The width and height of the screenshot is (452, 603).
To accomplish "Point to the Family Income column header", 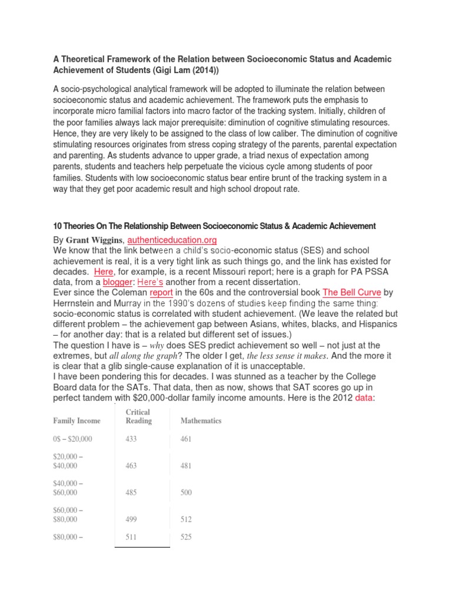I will pos(77,421).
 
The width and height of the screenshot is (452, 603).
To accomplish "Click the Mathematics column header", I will pos(201,421).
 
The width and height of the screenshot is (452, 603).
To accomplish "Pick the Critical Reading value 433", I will pos(131,439).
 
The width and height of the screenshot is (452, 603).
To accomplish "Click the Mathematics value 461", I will pos(186,439).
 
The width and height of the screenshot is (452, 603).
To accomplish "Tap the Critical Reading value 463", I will pos(131,466).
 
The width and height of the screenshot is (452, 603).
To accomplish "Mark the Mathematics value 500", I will pos(186,493).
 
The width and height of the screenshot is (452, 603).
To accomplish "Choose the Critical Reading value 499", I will pos(131,519).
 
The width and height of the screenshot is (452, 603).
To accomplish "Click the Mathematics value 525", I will pos(186,537).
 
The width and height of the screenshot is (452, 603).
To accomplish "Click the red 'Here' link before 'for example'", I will pos(104,271).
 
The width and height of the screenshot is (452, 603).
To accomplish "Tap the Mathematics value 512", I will pos(186,519).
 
